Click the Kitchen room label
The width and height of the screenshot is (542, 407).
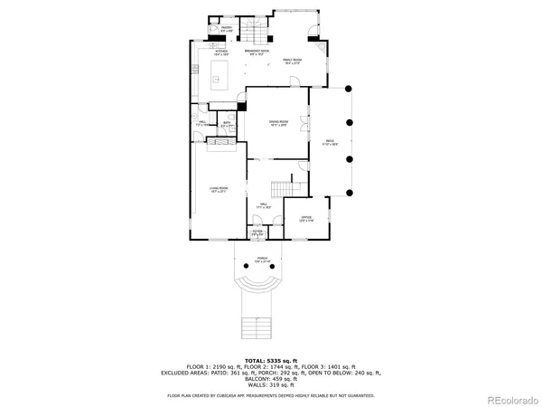click(x=220, y=52)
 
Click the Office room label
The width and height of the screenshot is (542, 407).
click(x=306, y=220)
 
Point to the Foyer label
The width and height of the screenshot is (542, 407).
click(x=257, y=233)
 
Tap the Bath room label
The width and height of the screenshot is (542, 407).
click(x=228, y=123)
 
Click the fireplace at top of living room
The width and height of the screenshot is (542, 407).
click(x=218, y=139)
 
